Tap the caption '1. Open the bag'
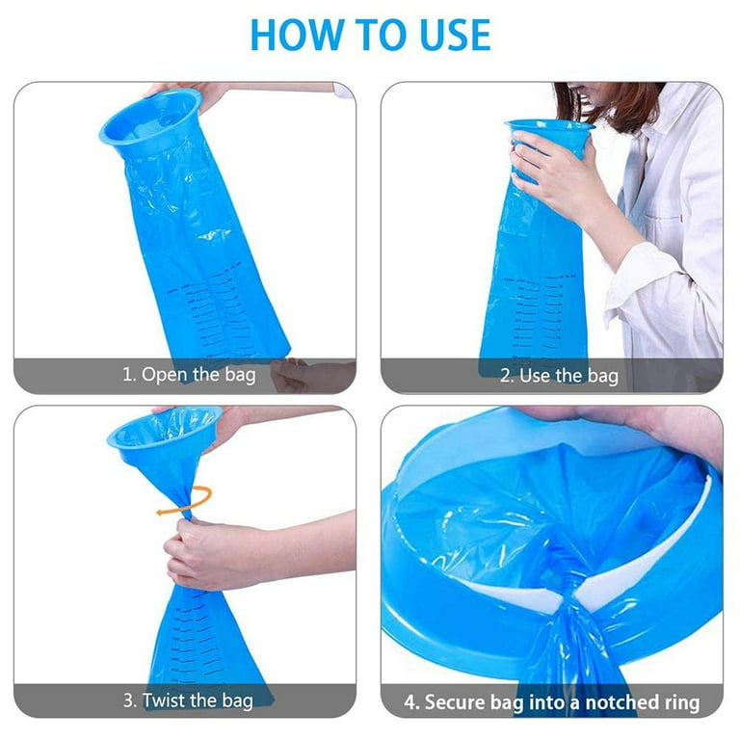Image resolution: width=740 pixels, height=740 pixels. tap(189, 375)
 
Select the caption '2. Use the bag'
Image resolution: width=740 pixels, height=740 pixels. tap(558, 375)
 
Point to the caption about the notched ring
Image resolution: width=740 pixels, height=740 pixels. tap(551, 700)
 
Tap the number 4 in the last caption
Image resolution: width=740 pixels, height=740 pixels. tap(410, 700)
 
